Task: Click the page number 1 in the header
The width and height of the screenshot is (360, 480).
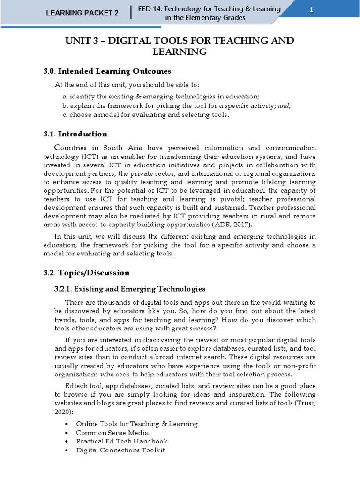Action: coord(311,11)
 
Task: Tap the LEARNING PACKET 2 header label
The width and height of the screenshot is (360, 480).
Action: coord(82,13)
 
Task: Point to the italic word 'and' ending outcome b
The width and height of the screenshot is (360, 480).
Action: coord(284,106)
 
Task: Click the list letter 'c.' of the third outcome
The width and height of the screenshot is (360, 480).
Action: coord(65,115)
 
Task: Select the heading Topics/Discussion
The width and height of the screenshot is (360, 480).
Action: coord(94,272)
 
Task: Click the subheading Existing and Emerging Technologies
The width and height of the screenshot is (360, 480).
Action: coord(140,289)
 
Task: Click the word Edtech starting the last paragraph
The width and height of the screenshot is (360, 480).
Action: coord(75,386)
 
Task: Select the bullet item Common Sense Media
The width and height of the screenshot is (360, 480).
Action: coord(112,433)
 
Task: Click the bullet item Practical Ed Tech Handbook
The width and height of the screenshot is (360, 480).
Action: coord(122,442)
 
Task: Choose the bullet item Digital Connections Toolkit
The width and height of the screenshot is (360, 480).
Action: coord(120,450)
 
